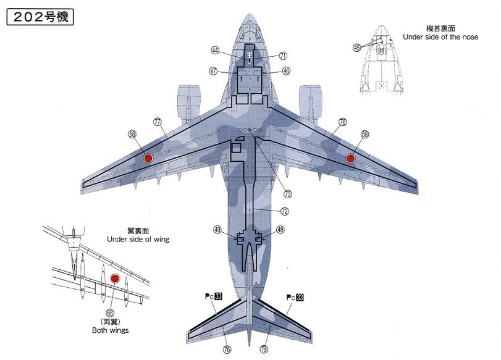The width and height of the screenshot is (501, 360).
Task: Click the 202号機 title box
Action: click(x=40, y=16)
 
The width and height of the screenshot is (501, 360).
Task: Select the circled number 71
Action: click(x=283, y=56)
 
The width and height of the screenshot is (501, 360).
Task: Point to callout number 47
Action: click(x=214, y=71)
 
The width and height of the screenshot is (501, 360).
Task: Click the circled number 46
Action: click(x=286, y=71)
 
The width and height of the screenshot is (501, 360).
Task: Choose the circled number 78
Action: click(x=342, y=122)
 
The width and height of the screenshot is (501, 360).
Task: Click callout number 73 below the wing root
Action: click(x=288, y=194)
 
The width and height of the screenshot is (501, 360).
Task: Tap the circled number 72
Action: click(x=284, y=211)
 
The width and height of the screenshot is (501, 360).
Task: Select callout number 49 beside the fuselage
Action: click(x=217, y=230)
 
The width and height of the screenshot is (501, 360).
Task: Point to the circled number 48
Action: click(x=280, y=230)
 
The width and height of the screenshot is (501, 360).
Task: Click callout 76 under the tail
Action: click(x=227, y=350)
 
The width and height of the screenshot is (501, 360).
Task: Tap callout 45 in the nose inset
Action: click(x=357, y=47)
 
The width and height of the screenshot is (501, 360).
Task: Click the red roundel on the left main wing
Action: click(x=148, y=158)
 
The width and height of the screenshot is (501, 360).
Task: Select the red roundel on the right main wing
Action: click(x=350, y=158)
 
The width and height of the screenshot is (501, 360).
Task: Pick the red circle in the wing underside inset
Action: click(x=114, y=278)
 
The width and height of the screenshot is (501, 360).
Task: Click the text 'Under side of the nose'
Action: click(x=440, y=37)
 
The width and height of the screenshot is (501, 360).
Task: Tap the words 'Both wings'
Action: click(x=110, y=330)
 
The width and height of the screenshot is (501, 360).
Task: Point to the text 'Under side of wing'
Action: click(x=138, y=239)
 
